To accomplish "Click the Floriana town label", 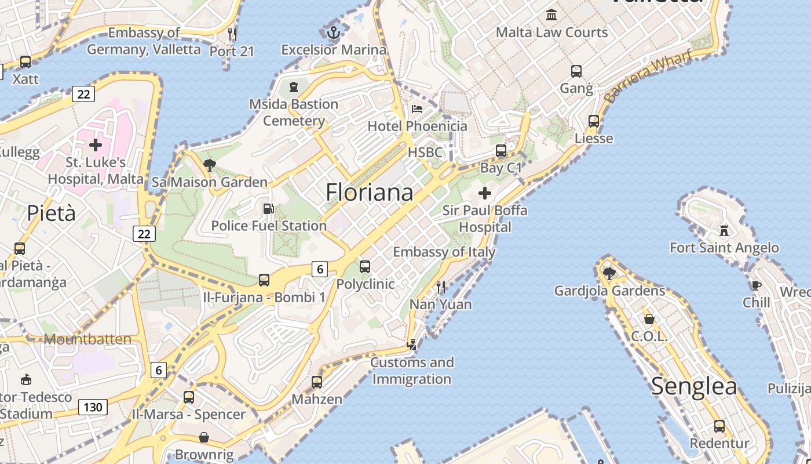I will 370,193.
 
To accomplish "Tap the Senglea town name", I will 694,386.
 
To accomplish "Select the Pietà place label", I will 51,213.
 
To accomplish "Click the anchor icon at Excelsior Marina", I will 333,32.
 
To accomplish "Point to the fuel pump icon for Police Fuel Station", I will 268,208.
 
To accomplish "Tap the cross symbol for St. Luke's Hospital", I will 96,144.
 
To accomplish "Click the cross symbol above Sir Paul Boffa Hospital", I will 485,193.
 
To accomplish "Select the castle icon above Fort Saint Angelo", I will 724,230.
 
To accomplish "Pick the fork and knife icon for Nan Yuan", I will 441,287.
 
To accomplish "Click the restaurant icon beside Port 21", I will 232,34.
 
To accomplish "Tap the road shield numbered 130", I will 93,407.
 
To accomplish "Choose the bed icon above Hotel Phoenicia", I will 417,108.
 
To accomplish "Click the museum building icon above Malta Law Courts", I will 551,14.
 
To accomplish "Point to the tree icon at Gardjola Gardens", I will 609,273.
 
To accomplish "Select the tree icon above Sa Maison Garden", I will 210,165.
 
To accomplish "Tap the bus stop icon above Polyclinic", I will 365,267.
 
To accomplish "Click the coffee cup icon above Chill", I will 756,285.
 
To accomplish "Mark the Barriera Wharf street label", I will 648,77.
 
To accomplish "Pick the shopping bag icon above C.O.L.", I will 649,319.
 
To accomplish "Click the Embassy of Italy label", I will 444,252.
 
